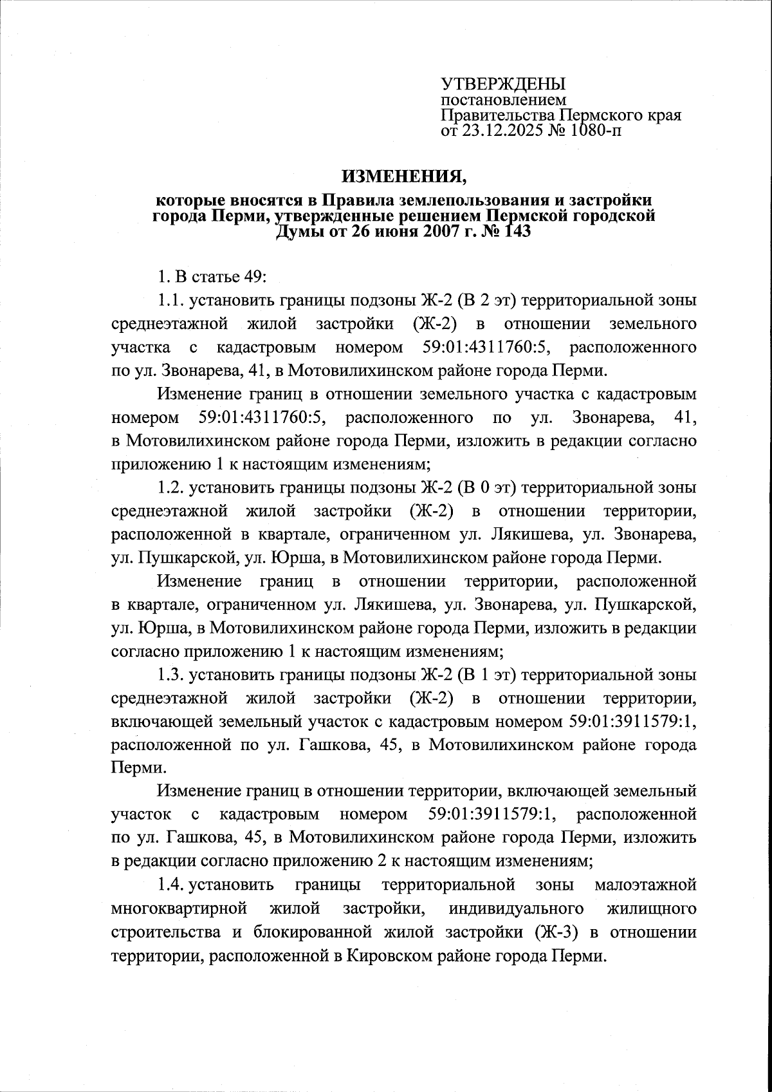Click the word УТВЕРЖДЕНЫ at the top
coord(502,84)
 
